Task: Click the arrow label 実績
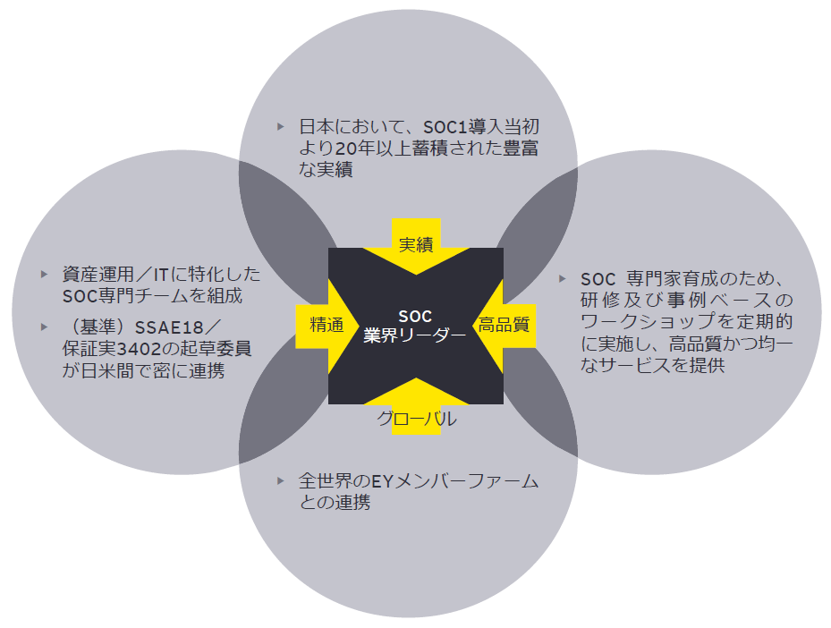[x=416, y=244]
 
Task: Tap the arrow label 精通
[x=326, y=325]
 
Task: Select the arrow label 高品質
[x=504, y=325]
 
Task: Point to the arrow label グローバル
[x=416, y=419]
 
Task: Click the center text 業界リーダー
[x=414, y=335]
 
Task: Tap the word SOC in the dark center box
[x=415, y=317]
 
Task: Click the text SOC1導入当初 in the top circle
[x=481, y=127]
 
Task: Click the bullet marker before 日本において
[x=280, y=127]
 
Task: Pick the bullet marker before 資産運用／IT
[x=44, y=274]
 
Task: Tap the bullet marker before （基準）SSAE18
[x=44, y=327]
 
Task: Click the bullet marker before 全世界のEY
[x=280, y=480]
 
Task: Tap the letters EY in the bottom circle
[x=382, y=481]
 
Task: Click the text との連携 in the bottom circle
[x=335, y=502]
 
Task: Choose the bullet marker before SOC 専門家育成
[x=563, y=279]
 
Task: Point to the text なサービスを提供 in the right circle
[x=652, y=365]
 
